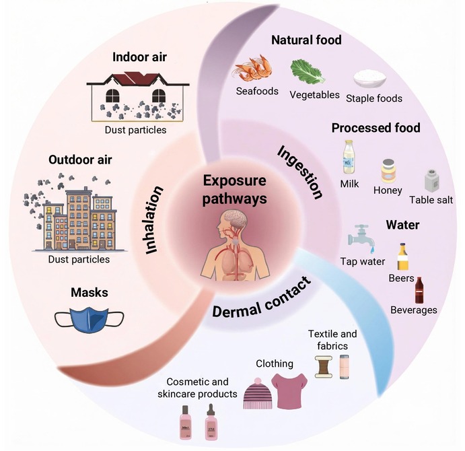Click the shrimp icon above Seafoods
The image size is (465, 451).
tap(252, 68)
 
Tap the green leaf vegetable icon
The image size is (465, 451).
tap(307, 71)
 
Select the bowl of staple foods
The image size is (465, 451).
tap(369, 78)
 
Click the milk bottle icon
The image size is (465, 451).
tap(349, 157)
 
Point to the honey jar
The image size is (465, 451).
tap(388, 171)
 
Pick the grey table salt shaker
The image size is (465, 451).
tap(431, 180)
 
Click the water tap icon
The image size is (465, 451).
tap(361, 236)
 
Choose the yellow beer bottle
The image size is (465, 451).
tap(402, 256)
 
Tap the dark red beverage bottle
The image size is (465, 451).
tap(419, 291)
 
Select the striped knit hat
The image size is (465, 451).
tap(258, 393)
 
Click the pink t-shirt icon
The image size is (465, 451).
tap(289, 390)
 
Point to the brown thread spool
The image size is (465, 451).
tap(324, 367)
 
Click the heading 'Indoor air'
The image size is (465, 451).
tap(139, 57)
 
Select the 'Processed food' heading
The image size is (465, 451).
tap(375, 128)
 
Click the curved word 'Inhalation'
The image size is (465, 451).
tap(154, 220)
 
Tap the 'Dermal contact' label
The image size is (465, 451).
tap(262, 298)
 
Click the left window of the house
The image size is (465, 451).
tap(112, 96)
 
